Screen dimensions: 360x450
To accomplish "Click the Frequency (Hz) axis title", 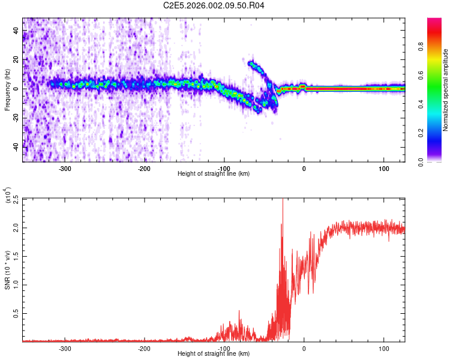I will pyautogui.click(x=7, y=89).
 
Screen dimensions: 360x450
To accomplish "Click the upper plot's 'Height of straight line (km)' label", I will pyautogui.click(x=214, y=174).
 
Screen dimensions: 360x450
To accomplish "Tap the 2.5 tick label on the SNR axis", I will pyautogui.click(x=15, y=199).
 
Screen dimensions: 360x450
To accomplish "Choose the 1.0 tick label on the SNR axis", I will pyautogui.click(x=15, y=285).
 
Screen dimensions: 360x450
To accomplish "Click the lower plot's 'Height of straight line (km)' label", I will pyautogui.click(x=214, y=354).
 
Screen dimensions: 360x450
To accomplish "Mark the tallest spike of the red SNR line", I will pyautogui.click(x=283, y=200).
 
